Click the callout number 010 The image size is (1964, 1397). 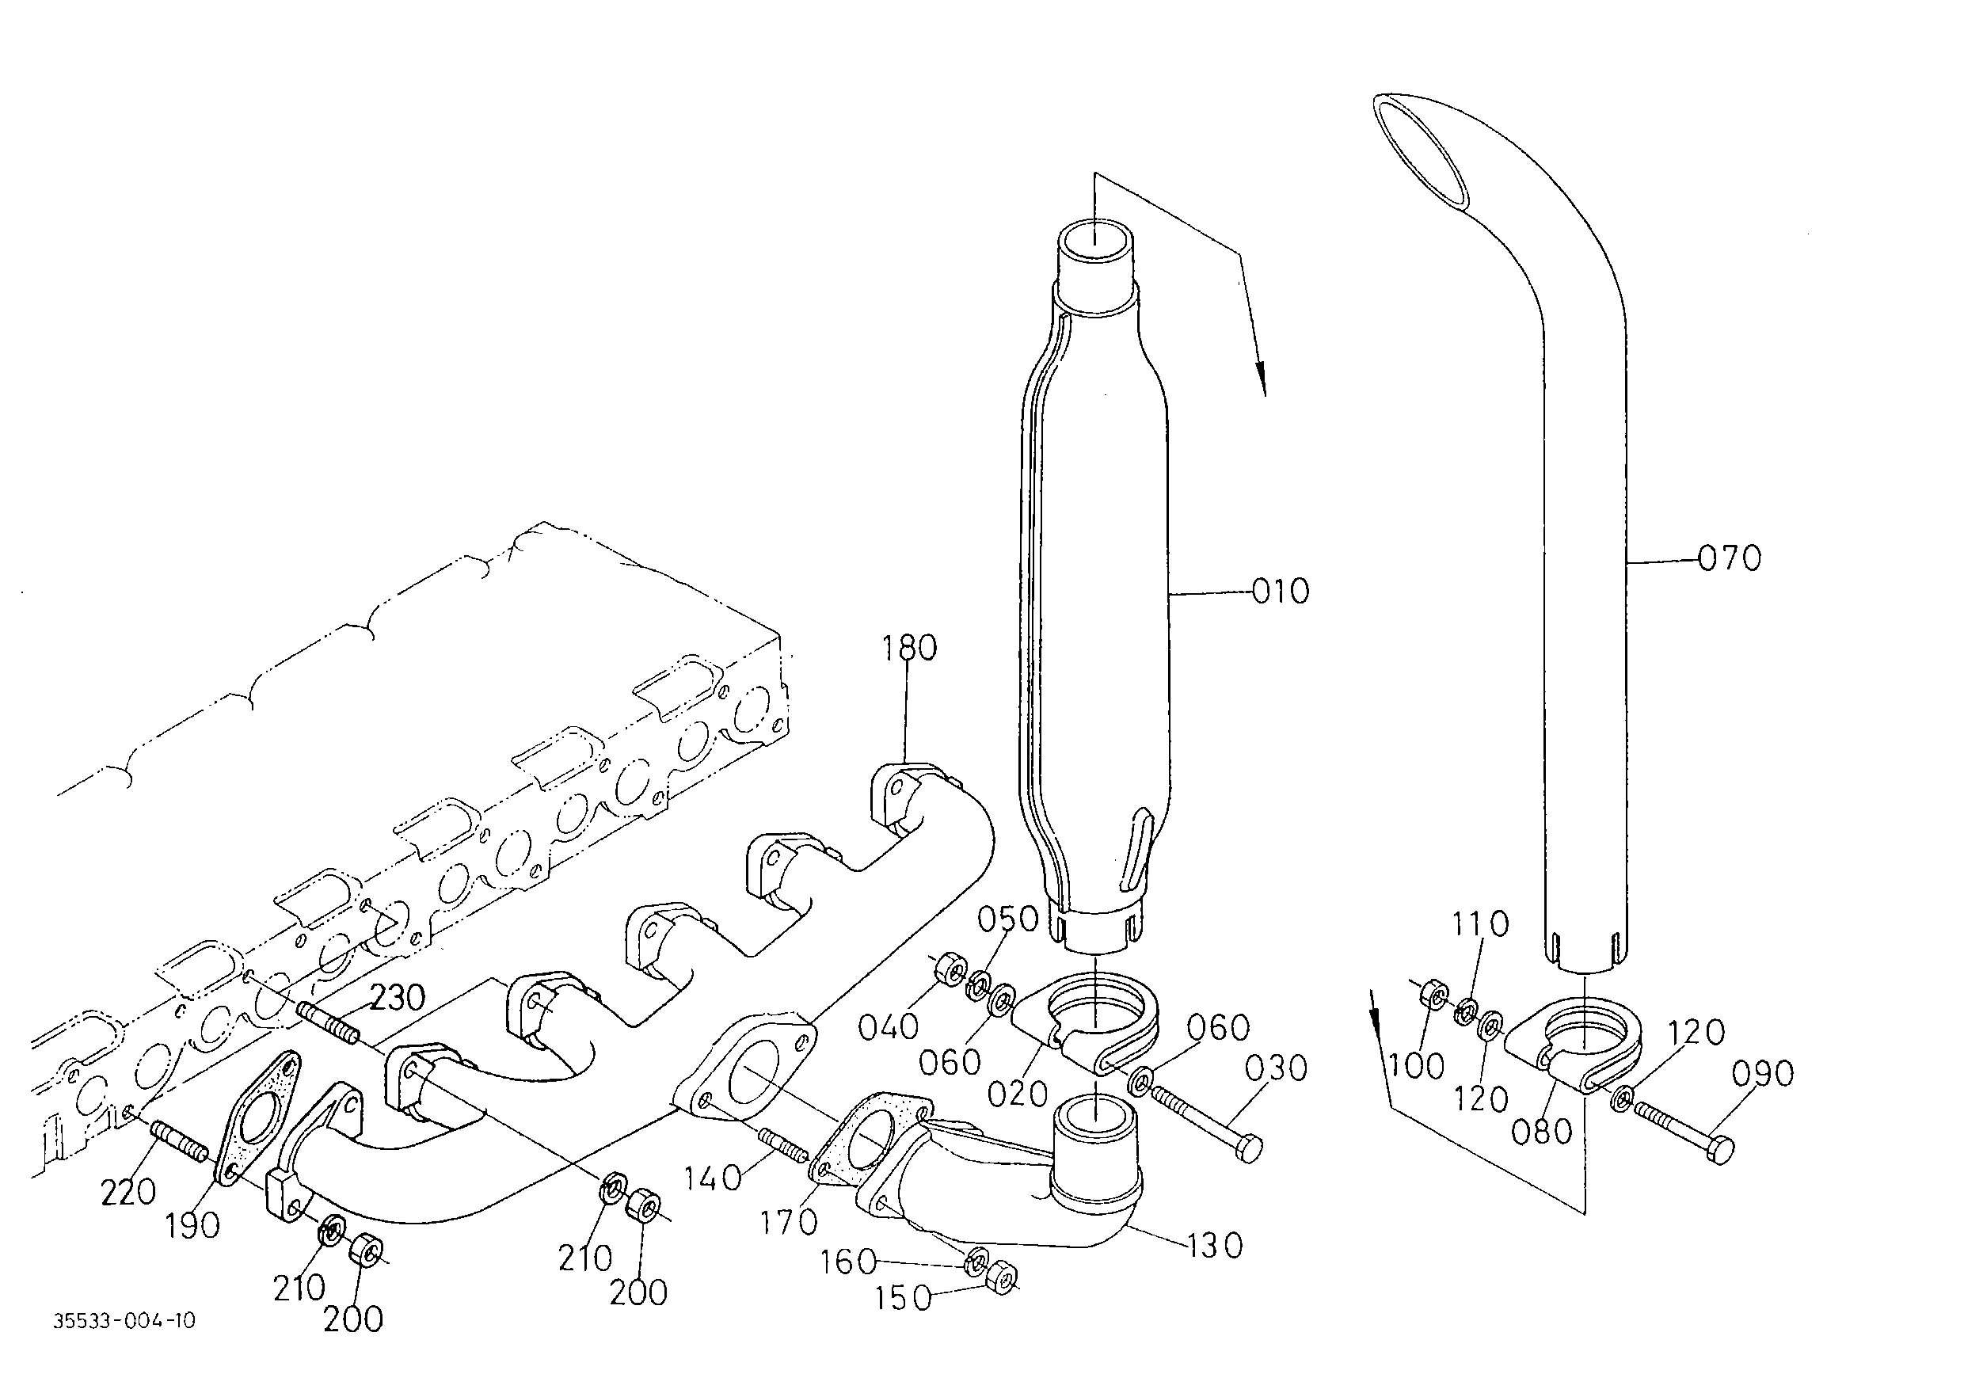point(1280,591)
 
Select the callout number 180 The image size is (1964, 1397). point(909,648)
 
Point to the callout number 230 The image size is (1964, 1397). point(398,998)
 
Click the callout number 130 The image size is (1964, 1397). point(1215,1245)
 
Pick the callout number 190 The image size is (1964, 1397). point(192,1226)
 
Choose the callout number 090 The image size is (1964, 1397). point(1763,1074)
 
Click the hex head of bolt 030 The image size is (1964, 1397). point(1250,1148)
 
